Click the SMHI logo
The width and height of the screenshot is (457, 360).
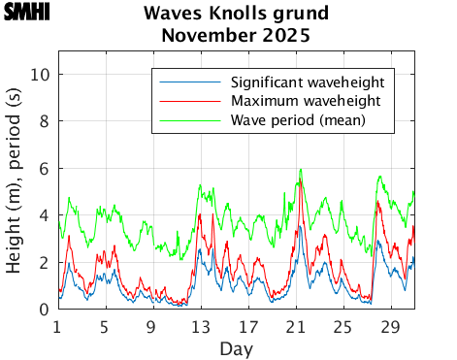tap(26, 13)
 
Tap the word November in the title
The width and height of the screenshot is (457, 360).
tap(205, 37)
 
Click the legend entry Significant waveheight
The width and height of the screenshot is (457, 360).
tap(307, 81)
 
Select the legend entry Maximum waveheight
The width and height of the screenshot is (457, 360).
tap(306, 101)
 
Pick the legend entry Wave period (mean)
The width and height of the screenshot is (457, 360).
tap(297, 120)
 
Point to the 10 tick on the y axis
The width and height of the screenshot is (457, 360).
tap(42, 75)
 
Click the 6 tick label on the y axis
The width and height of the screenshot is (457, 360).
tap(46, 169)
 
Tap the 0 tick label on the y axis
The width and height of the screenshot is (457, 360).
tap(46, 310)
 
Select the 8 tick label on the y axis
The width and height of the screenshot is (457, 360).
tap(46, 122)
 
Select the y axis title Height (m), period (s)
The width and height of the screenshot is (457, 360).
tap(16, 191)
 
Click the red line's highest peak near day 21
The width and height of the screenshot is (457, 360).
tap(302, 181)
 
